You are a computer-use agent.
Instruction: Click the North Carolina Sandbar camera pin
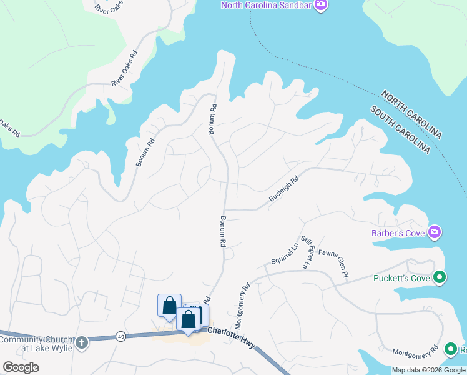click(x=321, y=6)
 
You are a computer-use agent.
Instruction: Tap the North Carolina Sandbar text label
click(x=267, y=6)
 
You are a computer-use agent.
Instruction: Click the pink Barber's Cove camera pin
click(x=435, y=233)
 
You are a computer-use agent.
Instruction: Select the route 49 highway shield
click(x=120, y=337)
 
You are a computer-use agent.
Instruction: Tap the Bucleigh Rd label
click(x=284, y=188)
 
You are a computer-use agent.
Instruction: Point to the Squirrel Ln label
click(x=282, y=252)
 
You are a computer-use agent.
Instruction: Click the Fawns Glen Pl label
click(x=332, y=262)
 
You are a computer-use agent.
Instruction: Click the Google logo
click(x=21, y=367)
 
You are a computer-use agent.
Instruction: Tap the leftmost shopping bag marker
click(x=169, y=306)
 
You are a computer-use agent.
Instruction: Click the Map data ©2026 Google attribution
click(x=428, y=370)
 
